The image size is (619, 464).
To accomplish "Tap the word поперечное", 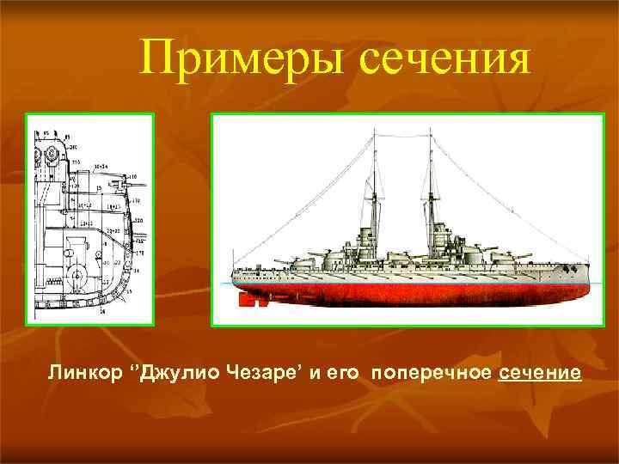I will [x=431, y=375].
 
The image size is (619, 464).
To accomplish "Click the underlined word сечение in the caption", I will [x=540, y=375].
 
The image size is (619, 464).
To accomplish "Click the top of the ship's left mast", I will [x=374, y=130].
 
